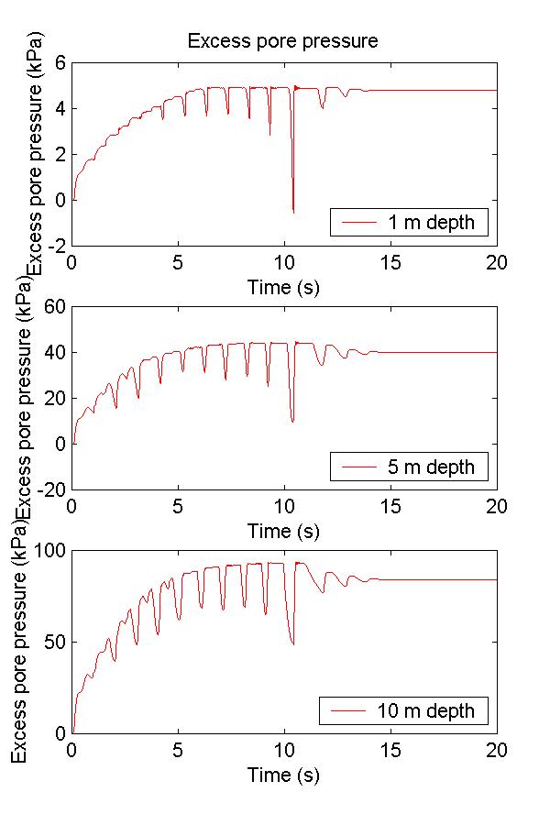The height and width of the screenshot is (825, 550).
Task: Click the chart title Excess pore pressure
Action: [x=282, y=41]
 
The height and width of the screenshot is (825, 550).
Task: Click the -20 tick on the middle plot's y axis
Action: [x=50, y=489]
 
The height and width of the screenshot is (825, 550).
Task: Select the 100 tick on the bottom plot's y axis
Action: [x=51, y=551]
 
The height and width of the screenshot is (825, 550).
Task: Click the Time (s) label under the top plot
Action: [x=283, y=287]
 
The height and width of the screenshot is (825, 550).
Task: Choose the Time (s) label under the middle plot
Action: [x=283, y=531]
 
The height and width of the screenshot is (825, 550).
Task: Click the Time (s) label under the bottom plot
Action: [x=283, y=775]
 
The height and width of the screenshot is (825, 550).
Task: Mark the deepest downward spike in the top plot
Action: [x=293, y=212]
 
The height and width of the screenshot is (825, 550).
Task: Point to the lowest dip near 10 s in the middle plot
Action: [x=292, y=421]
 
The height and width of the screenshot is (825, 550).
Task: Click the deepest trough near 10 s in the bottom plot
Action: [x=293, y=643]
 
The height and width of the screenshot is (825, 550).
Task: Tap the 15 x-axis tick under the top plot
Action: [x=390, y=261]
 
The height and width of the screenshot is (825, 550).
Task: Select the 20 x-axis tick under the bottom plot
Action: [x=496, y=749]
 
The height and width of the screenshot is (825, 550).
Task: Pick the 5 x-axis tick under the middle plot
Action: [x=178, y=505]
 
